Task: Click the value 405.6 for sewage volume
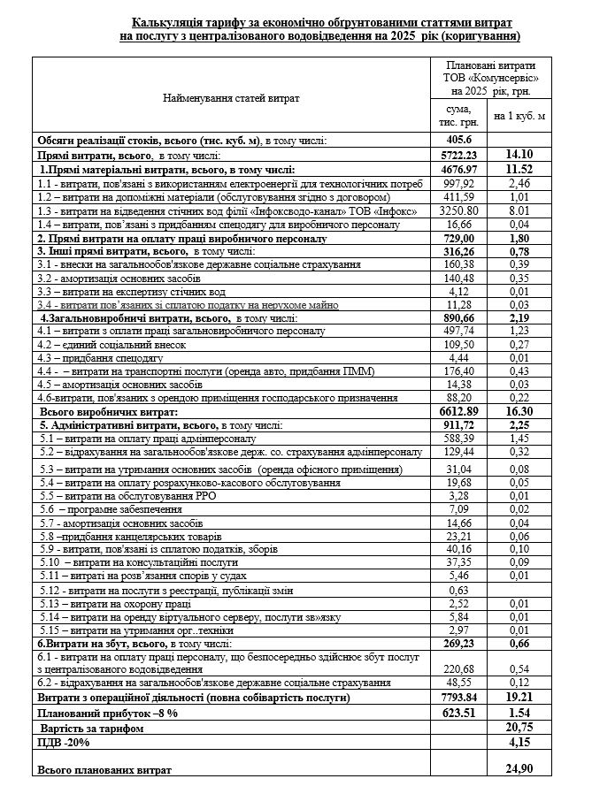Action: [459, 140]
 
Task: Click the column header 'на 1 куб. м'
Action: [519, 115]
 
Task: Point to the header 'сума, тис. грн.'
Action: [459, 115]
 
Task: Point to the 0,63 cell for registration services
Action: [459, 590]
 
